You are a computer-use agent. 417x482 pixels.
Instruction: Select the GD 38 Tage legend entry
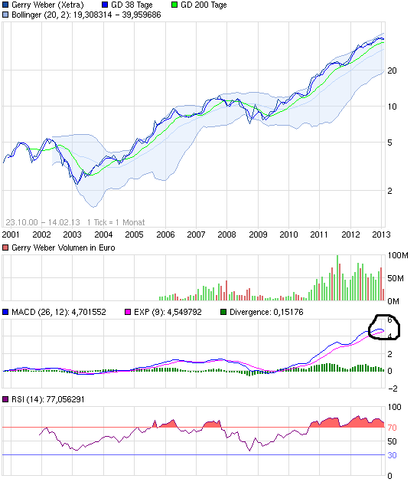pyautogui.click(x=132, y=5)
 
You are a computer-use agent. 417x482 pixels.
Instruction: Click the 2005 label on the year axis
pyautogui.click(x=134, y=234)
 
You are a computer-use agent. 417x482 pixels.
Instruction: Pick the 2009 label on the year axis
pyautogui.click(x=258, y=234)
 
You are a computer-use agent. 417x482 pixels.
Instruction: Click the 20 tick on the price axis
pyautogui.click(x=392, y=70)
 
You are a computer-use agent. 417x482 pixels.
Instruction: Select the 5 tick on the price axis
pyautogui.click(x=392, y=143)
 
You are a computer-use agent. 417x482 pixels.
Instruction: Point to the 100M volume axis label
pyautogui.click(x=399, y=254)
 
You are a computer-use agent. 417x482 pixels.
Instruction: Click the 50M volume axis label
pyautogui.click(x=397, y=277)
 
